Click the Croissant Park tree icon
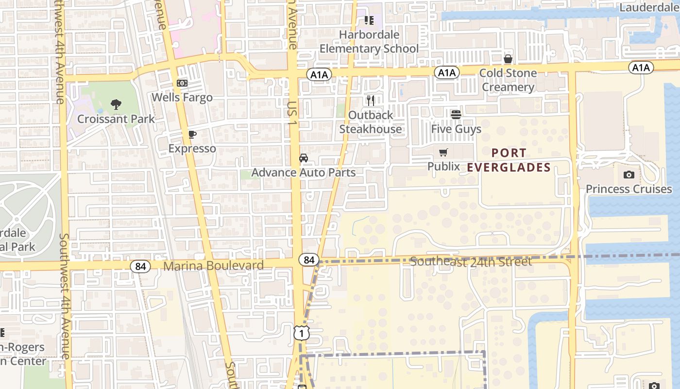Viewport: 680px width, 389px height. pos(116,104)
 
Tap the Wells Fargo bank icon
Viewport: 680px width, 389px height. pos(182,83)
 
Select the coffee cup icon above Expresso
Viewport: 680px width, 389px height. pos(192,134)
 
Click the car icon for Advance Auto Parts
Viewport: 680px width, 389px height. pos(304,158)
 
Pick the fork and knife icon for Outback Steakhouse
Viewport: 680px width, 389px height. pos(371,101)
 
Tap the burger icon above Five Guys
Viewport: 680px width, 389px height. pos(456,114)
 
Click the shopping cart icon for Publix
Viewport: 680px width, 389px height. pos(443,153)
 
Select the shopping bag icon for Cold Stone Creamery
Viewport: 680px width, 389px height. pos(508,59)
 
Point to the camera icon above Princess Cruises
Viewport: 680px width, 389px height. pos(629,175)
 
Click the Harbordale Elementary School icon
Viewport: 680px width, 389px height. pos(369,20)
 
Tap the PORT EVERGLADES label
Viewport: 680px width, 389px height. pos(509,160)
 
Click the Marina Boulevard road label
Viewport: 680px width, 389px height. pos(213,265)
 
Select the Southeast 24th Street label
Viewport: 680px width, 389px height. pos(471,262)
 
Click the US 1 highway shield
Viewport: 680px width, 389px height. pos(302,333)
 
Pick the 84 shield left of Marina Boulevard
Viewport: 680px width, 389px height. pos(140,266)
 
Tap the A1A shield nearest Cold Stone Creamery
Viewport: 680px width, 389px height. pos(446,72)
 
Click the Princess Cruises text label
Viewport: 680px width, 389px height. pos(629,189)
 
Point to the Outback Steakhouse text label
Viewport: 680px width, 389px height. pos(371,122)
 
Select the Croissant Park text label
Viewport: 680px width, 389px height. pos(116,119)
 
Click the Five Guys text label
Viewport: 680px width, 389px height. pos(456,129)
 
